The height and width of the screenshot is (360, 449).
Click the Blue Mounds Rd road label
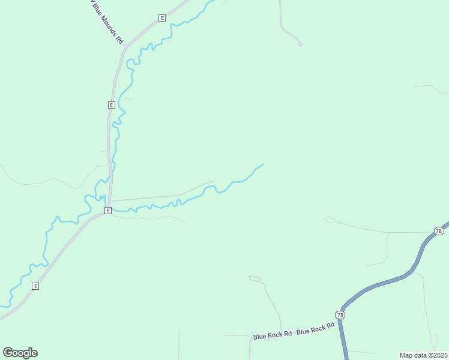coord(107,22)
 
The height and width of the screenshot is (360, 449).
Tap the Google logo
coord(20,353)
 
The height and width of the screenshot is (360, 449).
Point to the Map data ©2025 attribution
coord(423,355)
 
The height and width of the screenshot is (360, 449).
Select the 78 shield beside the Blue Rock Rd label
coord(340,315)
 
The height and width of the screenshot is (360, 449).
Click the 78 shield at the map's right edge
coord(439,231)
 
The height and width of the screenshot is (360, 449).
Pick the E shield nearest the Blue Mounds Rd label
coord(162,18)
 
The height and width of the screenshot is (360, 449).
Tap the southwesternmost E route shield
coord(35,286)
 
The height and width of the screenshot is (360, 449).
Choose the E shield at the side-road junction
coord(108,211)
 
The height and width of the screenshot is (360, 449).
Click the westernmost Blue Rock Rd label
coord(272,334)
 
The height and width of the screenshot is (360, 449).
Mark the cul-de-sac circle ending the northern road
coord(301,44)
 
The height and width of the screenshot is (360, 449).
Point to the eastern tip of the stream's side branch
coord(264,164)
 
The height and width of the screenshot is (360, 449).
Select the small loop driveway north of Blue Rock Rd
coord(255,278)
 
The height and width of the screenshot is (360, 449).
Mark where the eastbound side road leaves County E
coord(110,201)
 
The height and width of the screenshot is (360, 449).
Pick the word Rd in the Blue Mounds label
coord(119,40)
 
